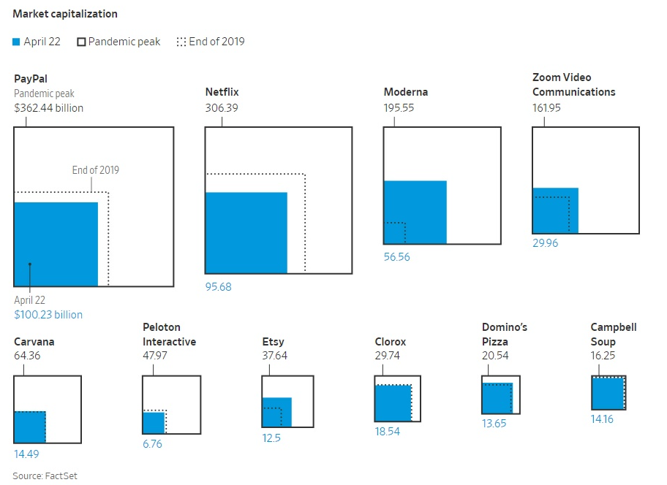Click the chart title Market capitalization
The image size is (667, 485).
point(65,14)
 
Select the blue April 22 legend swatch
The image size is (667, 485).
point(16,42)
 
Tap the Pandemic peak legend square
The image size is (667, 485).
point(81,42)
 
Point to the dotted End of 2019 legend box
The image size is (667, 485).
point(181,42)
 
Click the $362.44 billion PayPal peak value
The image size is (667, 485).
point(48,108)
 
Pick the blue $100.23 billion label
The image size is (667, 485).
point(48,315)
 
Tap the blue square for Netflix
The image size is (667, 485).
point(246,233)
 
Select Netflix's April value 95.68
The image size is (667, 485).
point(218,286)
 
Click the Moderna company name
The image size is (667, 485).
point(406,92)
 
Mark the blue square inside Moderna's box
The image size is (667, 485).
point(415,212)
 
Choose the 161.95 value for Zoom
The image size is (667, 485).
point(546,108)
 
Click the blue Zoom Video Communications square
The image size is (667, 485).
point(556,210)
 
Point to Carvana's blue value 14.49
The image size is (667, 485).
point(26,454)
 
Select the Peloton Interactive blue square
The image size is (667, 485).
point(154,423)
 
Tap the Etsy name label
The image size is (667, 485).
point(273,342)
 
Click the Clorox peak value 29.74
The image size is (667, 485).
point(387,356)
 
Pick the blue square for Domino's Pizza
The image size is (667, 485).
point(497,398)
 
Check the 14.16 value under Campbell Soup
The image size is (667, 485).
point(602,419)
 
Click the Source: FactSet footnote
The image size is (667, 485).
point(45,476)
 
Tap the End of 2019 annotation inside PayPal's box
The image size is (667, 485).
point(96,170)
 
